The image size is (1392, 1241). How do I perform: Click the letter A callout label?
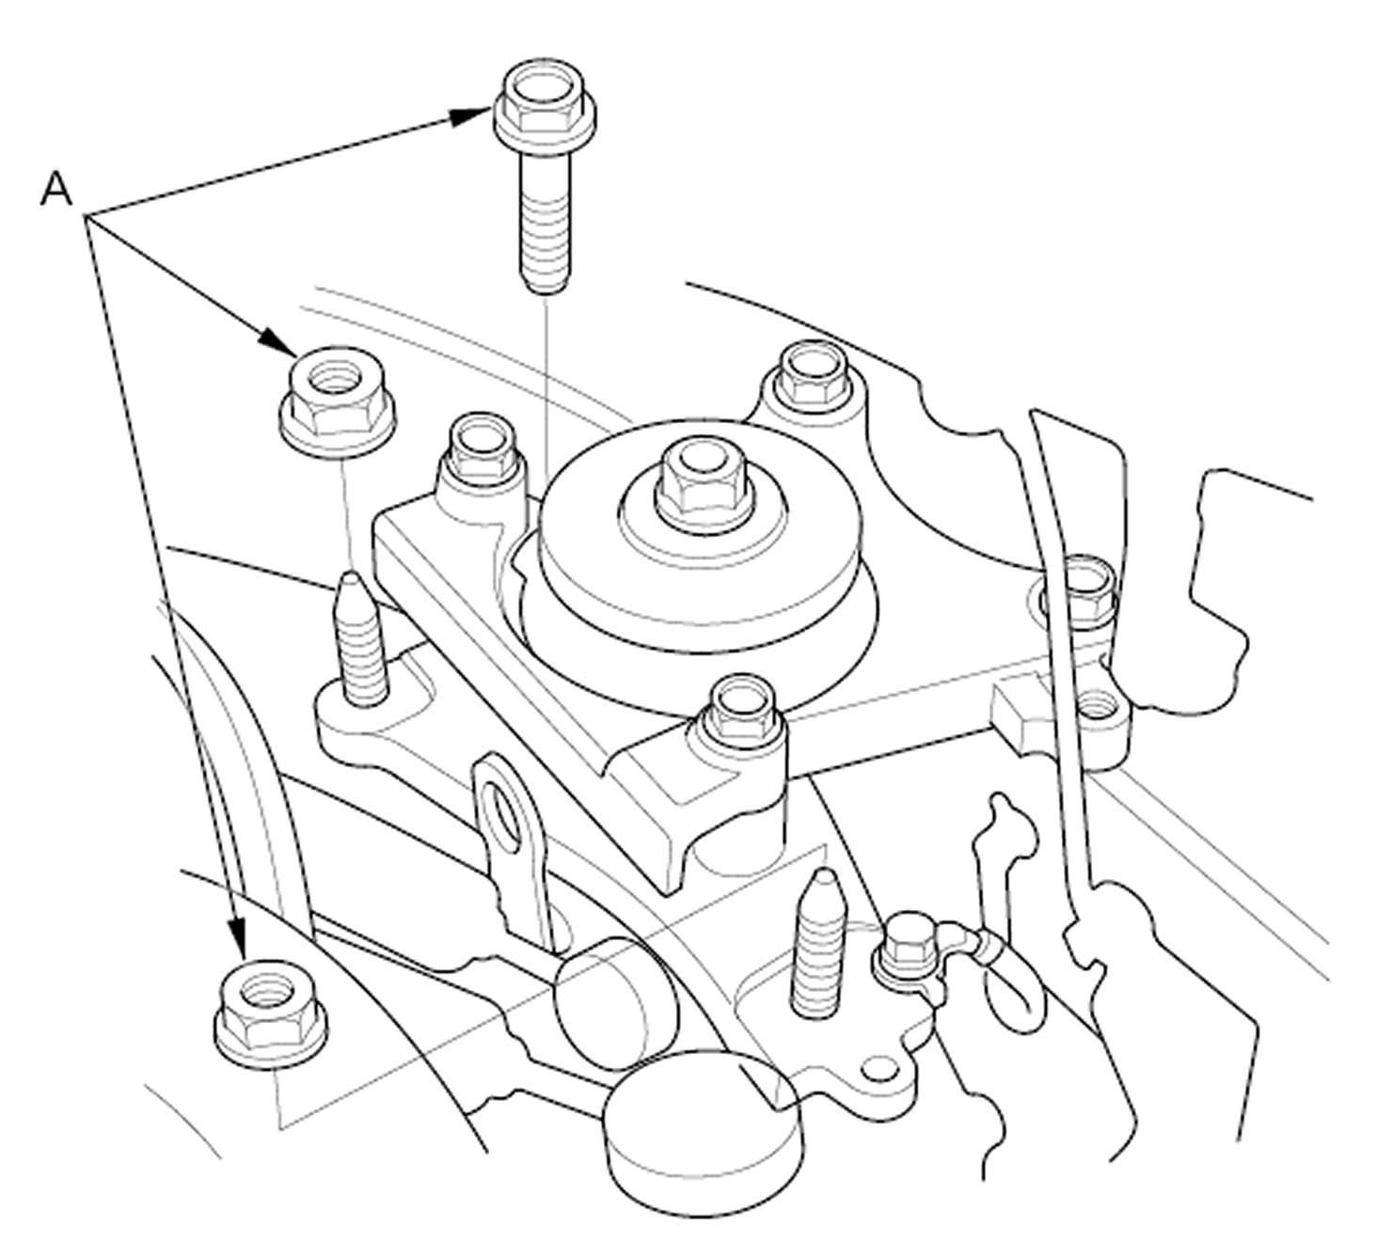[56, 189]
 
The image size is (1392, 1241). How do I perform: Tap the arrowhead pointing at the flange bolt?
[471, 116]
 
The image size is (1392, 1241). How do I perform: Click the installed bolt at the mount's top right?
[812, 377]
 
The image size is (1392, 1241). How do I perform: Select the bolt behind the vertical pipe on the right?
[1079, 589]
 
